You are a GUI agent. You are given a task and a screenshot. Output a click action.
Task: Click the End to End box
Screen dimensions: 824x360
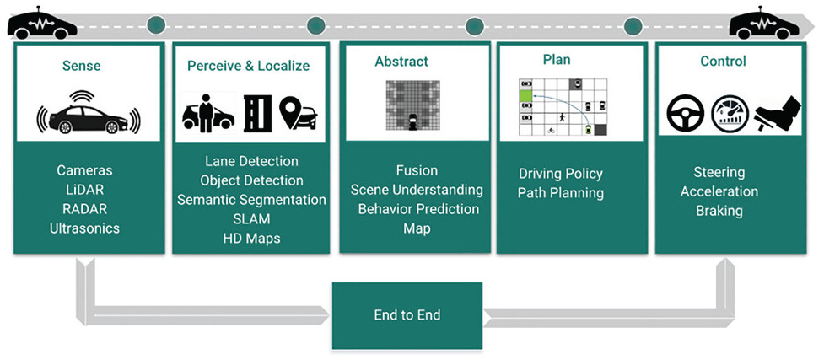tap(407, 315)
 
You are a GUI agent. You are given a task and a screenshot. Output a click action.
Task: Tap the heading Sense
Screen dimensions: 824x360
tap(82, 67)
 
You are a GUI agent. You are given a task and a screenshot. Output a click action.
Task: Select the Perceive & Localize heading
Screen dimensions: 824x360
tap(249, 67)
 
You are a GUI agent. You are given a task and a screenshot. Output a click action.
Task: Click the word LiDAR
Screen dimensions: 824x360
tap(84, 190)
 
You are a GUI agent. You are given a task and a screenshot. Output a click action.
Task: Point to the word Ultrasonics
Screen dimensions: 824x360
tap(84, 228)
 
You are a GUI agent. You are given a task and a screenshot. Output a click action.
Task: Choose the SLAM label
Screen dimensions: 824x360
tap(251, 218)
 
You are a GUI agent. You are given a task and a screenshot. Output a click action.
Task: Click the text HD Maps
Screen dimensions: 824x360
tap(251, 238)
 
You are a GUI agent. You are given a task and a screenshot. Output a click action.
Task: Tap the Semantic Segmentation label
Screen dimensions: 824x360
tap(251, 200)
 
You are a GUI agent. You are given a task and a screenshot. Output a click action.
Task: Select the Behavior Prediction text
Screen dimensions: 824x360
tap(419, 209)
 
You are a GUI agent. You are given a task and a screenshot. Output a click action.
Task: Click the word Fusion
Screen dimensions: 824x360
tap(417, 170)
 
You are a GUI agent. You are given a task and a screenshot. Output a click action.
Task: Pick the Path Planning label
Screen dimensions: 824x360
tap(561, 193)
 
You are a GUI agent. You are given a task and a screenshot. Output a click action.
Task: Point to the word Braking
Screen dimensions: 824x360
tap(719, 211)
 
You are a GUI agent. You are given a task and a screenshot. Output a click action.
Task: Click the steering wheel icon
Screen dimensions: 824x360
tap(686, 114)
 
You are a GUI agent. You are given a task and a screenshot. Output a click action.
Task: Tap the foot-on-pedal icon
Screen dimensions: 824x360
tap(778, 113)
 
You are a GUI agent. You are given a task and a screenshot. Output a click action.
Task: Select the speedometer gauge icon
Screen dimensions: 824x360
tap(730, 114)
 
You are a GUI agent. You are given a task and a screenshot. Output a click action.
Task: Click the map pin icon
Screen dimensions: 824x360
tap(298, 112)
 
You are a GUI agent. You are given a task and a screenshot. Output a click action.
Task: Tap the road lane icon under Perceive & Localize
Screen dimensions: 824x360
tap(257, 114)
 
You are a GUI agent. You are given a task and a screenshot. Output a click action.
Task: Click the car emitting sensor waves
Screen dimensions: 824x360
tap(89, 114)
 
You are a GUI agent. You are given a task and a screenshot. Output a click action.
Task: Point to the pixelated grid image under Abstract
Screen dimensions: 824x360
tap(413, 105)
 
